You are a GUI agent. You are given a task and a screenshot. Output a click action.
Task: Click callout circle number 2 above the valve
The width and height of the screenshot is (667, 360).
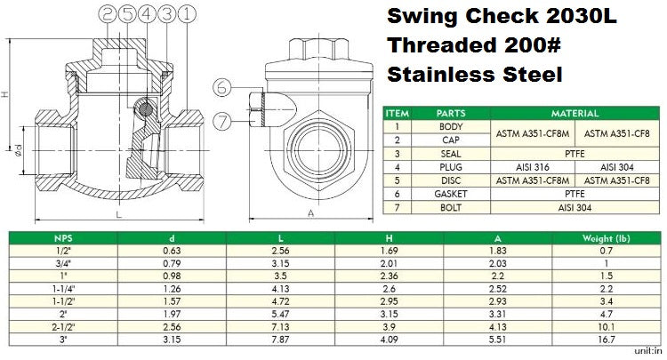[x=108, y=14]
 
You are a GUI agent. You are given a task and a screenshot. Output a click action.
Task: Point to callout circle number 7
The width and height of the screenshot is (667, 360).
[x=222, y=118]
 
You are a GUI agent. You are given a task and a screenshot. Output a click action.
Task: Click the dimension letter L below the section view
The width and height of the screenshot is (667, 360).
[x=118, y=214]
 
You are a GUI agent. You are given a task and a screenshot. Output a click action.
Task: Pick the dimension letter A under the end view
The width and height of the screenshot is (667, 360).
[x=309, y=213]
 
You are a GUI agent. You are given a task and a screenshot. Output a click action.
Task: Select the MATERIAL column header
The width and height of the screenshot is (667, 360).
[x=575, y=114]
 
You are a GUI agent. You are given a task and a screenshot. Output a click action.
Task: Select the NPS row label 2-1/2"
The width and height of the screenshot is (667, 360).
[x=60, y=326]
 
